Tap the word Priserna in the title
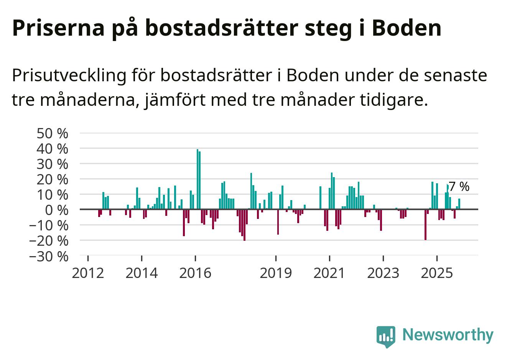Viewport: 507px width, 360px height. click(x=58, y=28)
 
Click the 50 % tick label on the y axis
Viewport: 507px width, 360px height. click(x=52, y=133)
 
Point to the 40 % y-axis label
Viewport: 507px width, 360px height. click(x=52, y=149)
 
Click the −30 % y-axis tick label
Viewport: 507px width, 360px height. click(x=49, y=256)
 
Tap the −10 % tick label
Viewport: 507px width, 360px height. click(x=49, y=225)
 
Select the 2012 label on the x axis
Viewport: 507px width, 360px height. click(x=88, y=273)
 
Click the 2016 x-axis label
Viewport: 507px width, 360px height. click(x=195, y=273)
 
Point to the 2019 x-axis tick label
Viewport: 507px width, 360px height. click(x=276, y=273)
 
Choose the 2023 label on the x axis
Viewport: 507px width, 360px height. click(x=383, y=273)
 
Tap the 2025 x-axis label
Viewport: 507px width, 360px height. click(x=437, y=273)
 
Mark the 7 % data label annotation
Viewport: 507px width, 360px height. click(x=459, y=187)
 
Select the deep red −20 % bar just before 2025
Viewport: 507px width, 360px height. click(x=425, y=225)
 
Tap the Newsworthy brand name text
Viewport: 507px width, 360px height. click(x=448, y=335)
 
